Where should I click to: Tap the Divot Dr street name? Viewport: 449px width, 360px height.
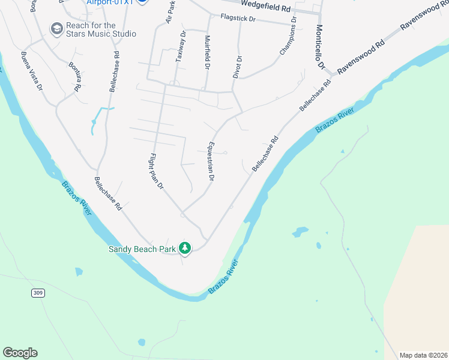coord(238,67)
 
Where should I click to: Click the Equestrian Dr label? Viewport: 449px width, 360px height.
coord(210,161)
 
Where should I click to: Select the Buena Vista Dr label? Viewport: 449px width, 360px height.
coord(32,71)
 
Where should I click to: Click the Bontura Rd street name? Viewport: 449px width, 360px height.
coord(74,76)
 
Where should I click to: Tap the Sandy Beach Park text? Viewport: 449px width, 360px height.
coord(142,249)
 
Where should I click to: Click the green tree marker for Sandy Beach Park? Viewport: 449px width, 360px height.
coord(185,248)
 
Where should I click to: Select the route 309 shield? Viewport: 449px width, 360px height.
coord(38,292)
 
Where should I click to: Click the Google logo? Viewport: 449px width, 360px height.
coord(20,353)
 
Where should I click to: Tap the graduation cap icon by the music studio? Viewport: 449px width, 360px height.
coord(56,29)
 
